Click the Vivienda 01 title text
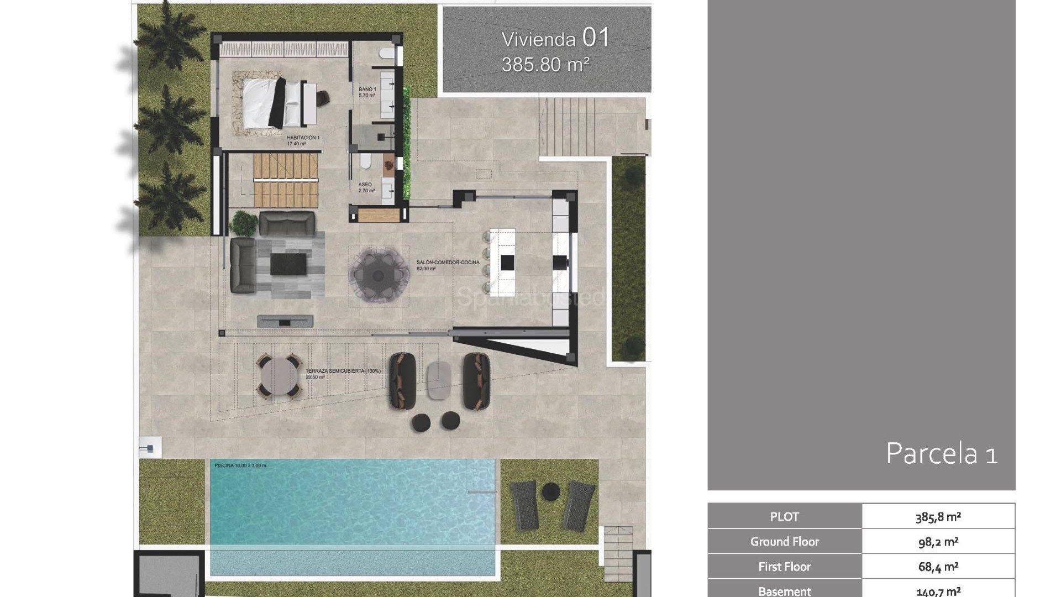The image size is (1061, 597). (555, 38)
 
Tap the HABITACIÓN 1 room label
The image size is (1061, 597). (303, 140)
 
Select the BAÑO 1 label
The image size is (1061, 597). (367, 92)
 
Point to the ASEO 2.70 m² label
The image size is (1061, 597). (366, 187)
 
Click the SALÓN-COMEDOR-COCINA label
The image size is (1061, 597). (448, 265)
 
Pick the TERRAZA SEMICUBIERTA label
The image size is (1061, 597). (343, 373)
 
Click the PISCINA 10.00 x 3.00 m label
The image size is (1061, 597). (240, 465)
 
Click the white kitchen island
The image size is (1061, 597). (503, 261)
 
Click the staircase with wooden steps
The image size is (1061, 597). (286, 180)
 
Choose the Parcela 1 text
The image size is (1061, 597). (941, 454)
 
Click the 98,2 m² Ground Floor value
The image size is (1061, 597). (938, 542)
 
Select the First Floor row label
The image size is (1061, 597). (784, 567)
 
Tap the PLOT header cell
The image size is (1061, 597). (784, 517)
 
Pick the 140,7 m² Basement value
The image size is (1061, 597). (938, 591)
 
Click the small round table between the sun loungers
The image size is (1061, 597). (551, 491)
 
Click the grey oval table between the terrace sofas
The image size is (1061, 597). (439, 380)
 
